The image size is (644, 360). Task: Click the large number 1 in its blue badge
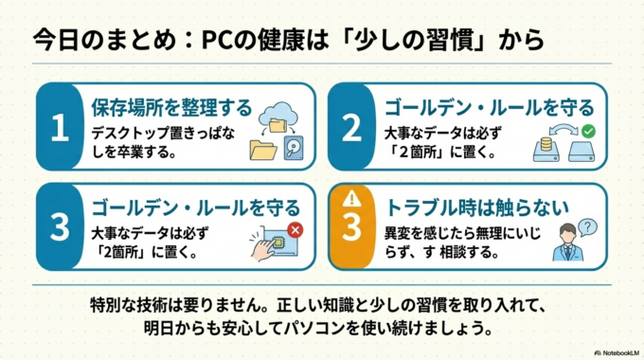coord(59,127)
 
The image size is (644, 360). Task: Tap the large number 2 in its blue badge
coord(350,127)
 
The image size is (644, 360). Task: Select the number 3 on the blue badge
coord(59,227)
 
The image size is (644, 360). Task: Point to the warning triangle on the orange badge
coord(350,200)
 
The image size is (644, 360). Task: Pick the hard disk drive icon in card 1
coord(294,146)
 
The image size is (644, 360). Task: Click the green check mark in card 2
coord(587,130)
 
